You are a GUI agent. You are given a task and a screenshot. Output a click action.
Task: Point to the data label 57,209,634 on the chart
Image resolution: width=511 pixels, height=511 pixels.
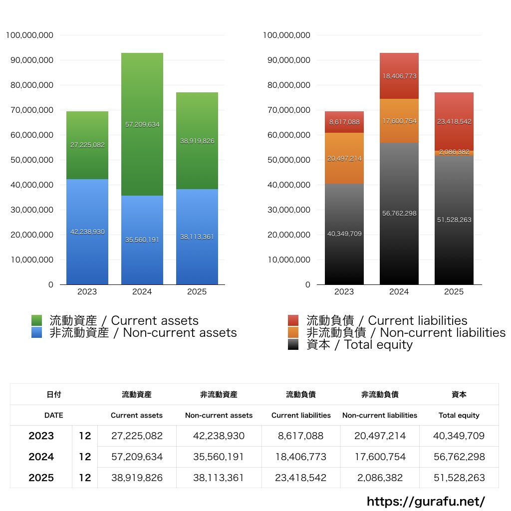tap(142, 124)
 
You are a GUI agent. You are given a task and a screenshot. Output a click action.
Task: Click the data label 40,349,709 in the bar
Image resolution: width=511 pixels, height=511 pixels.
tap(344, 234)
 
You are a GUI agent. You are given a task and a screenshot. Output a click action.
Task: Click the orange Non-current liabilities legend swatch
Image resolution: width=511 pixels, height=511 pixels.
tap(293, 332)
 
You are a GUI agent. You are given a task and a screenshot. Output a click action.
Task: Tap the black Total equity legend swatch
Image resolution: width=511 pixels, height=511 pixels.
tap(293, 344)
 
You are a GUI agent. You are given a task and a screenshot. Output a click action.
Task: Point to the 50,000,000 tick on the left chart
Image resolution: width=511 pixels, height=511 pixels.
tap(31, 160)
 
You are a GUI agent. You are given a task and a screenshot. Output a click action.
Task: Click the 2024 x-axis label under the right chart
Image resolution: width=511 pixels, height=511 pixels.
tap(399, 292)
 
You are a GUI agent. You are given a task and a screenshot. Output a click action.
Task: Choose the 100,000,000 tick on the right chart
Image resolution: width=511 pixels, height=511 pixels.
tap(286, 35)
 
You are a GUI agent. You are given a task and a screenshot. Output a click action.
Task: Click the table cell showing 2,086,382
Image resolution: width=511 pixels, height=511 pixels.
tap(380, 478)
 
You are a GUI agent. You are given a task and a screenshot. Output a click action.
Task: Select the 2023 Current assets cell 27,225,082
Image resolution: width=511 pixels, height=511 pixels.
tap(137, 436)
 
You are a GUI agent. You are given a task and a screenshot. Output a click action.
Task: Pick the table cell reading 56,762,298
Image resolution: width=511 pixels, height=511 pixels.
tap(459, 457)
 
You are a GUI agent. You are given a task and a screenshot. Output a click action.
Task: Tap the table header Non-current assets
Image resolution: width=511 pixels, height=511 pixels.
tap(219, 415)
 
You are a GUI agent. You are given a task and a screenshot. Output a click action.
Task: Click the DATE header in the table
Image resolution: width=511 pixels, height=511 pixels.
tap(53, 415)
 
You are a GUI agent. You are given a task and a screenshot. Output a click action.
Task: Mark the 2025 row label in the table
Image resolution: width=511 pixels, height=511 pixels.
tap(41, 478)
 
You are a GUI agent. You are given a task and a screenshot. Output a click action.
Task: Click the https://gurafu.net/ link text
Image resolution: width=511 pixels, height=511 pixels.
tap(426, 501)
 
